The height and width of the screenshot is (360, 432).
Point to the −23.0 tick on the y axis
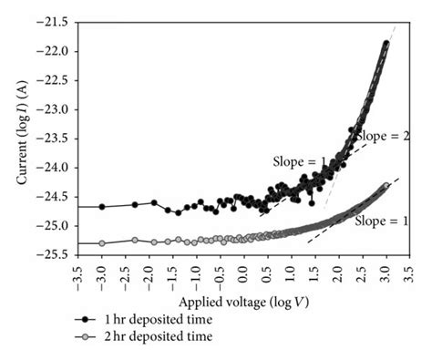tap(52, 109)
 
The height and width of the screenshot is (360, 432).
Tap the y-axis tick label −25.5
tap(52, 254)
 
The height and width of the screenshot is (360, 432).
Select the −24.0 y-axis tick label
tap(52, 168)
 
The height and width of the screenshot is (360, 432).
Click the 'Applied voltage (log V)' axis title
tap(242, 301)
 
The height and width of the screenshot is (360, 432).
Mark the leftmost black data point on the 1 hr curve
tap(102, 206)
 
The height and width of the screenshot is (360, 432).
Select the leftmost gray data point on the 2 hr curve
tap(102, 243)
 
